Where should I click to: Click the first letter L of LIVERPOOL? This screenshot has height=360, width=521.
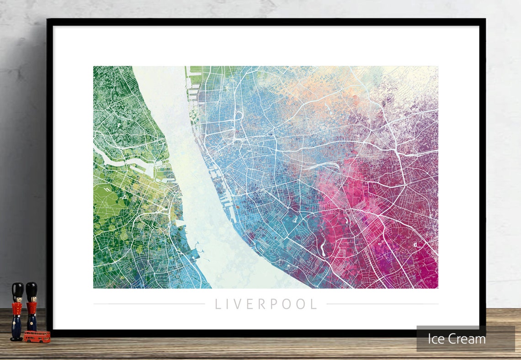pos(218,304)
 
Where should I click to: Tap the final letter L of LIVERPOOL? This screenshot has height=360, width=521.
pos(314,304)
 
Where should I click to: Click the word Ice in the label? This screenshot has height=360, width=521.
pos(436,339)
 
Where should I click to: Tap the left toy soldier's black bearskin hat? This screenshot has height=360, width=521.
pos(17,290)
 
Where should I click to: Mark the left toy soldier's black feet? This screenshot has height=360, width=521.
pos(16,338)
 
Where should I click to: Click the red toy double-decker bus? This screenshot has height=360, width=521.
pos(37,337)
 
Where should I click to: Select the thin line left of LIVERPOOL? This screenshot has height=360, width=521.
pos(149,304)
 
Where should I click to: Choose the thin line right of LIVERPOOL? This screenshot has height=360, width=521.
pos(382,304)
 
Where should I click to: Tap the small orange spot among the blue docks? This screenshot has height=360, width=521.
pos(238,207)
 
